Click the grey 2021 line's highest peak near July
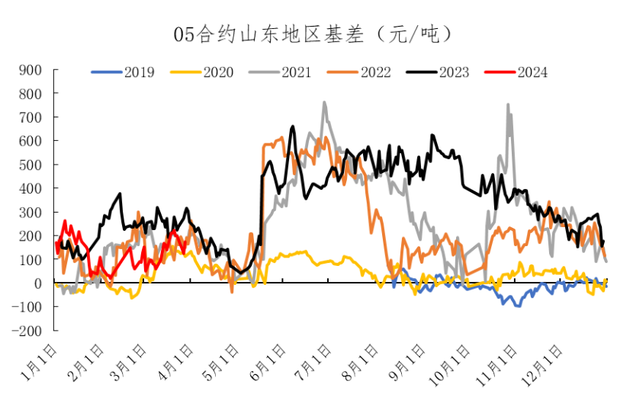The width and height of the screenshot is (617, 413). pos(324,102)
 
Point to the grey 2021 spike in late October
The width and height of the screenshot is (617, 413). pos(508,105)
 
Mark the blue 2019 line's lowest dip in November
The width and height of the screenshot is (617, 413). pos(519,306)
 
